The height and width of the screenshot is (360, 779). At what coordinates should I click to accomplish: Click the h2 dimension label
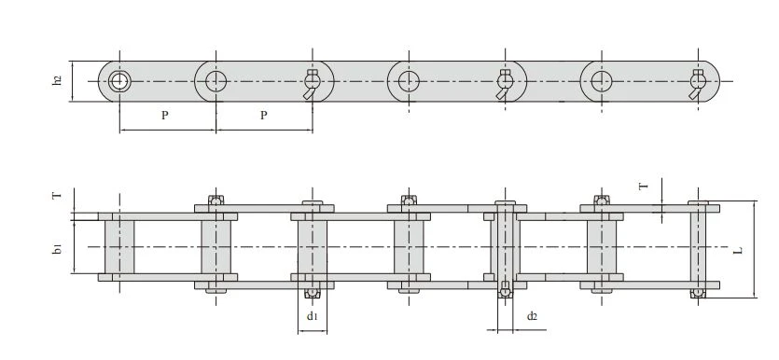pyautogui.click(x=57, y=80)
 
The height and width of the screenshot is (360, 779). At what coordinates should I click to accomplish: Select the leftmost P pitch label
pyautogui.click(x=165, y=116)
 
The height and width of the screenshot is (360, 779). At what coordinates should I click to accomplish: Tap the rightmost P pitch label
pyautogui.click(x=264, y=116)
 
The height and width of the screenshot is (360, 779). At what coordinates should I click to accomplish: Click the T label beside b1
pyautogui.click(x=58, y=195)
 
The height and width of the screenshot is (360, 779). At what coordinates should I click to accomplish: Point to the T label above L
pyautogui.click(x=644, y=187)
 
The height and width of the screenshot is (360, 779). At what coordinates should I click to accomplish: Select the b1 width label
pyautogui.click(x=58, y=249)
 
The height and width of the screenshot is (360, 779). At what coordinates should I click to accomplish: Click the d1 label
pyautogui.click(x=312, y=315)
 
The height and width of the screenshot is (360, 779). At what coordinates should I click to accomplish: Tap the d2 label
pyautogui.click(x=532, y=315)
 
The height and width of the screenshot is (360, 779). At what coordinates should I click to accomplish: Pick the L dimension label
pyautogui.click(x=738, y=250)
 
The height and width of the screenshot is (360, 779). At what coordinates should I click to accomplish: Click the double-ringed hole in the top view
pyautogui.click(x=119, y=81)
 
